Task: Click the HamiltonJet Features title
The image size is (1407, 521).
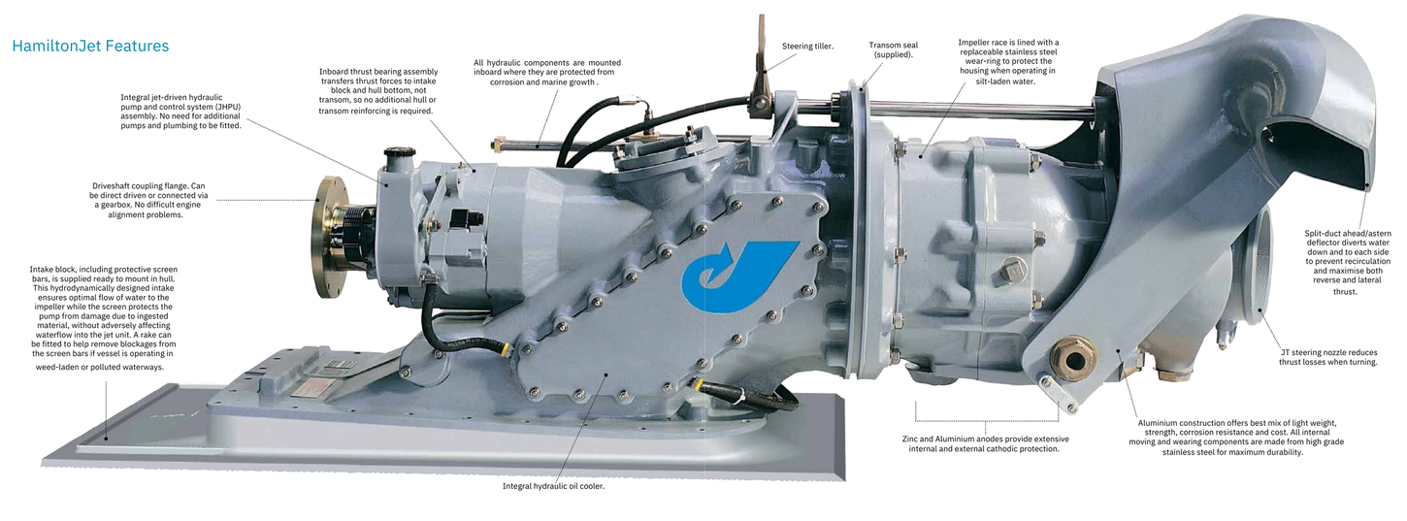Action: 90,46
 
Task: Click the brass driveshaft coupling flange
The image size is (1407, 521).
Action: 331,237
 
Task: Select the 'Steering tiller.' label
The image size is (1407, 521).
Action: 807,46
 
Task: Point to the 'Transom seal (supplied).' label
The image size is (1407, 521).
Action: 893,49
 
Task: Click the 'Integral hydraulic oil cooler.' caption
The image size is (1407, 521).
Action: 553,486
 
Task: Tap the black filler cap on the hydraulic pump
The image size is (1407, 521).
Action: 397,152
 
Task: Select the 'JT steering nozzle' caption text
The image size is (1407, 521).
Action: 1327,357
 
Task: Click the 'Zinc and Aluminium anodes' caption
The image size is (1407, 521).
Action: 985,443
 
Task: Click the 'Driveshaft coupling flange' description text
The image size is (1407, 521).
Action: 148,200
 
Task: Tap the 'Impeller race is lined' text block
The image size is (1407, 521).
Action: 1008,61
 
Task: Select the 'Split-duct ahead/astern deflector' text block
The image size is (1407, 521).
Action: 1348,262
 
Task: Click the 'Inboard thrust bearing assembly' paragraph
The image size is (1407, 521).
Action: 377,91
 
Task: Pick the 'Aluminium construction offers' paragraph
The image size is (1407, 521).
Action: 1236,438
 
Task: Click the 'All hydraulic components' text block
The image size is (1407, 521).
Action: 546,72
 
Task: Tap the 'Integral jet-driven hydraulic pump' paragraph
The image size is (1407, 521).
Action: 180,112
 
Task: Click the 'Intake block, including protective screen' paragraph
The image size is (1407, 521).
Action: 104,318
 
